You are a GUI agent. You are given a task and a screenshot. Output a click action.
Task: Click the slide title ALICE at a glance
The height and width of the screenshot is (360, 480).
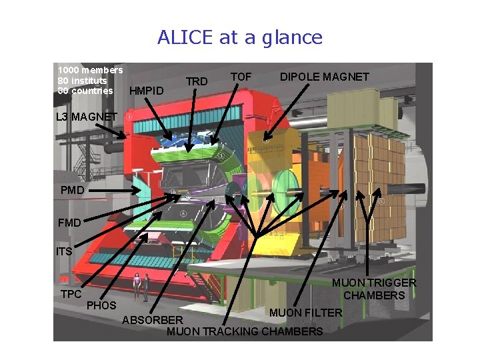click(240, 37)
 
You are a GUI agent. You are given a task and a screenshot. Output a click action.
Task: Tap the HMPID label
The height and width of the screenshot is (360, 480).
click(146, 90)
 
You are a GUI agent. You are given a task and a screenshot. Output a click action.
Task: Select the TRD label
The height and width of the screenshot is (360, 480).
click(197, 81)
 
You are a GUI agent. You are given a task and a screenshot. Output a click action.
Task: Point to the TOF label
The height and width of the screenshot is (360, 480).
click(241, 77)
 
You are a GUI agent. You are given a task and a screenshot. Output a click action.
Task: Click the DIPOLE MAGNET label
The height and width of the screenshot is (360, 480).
click(324, 77)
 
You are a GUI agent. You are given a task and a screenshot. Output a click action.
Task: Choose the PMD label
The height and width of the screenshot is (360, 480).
click(72, 191)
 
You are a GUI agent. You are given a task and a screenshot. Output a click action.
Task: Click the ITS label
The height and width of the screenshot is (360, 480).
click(64, 252)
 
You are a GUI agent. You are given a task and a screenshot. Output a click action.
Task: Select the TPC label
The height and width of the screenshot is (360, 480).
click(71, 294)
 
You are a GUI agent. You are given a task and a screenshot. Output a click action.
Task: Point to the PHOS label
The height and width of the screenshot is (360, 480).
click(101, 305)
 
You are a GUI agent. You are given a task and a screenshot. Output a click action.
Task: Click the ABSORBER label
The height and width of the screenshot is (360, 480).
click(153, 321)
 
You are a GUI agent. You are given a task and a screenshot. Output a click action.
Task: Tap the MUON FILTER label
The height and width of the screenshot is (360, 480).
click(305, 313)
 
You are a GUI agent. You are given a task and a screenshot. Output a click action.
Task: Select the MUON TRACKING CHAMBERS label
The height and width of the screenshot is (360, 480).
click(245, 331)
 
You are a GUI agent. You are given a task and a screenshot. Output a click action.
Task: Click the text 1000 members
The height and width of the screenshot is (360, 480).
click(90, 70)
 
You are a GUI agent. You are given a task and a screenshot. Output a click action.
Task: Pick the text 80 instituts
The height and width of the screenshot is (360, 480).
click(82, 81)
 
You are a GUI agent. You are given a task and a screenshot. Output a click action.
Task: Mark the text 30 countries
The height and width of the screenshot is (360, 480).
click(85, 91)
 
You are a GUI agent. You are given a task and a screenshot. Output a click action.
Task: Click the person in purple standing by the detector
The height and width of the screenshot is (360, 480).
click(137, 285)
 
